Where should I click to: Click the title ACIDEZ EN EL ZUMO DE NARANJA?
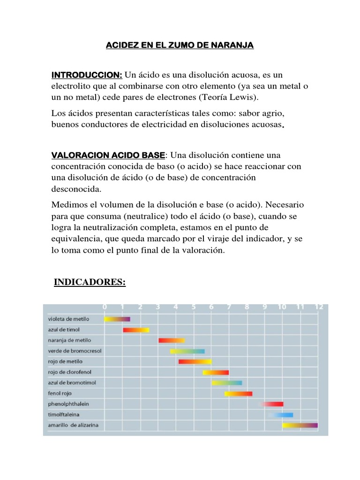pyautogui.click(x=180, y=45)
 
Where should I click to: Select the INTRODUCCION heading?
pyautogui.click(x=87, y=75)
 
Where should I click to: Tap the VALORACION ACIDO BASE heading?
pyautogui.click(x=108, y=155)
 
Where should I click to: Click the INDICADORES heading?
pyautogui.click(x=90, y=282)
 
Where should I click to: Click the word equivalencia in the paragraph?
pyautogui.click(x=78, y=239)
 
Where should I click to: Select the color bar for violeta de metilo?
pyautogui.click(x=117, y=319)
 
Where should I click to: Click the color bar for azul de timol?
pyautogui.click(x=136, y=330)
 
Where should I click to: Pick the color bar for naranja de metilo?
pyautogui.click(x=172, y=340)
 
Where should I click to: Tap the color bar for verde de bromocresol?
pyautogui.click(x=187, y=351)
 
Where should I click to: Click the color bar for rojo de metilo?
pyautogui.click(x=195, y=361)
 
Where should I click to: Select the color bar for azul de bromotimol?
pyautogui.click(x=226, y=382)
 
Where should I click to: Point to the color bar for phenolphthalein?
pyautogui.click(x=272, y=404)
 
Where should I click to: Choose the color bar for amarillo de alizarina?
pyautogui.click(x=300, y=425)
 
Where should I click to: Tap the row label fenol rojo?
pyautogui.click(x=60, y=393)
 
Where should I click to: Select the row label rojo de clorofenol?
pyautogui.click(x=69, y=372)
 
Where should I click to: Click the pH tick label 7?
pyautogui.click(x=229, y=307)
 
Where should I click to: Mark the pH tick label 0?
pyautogui.click(x=105, y=307)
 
